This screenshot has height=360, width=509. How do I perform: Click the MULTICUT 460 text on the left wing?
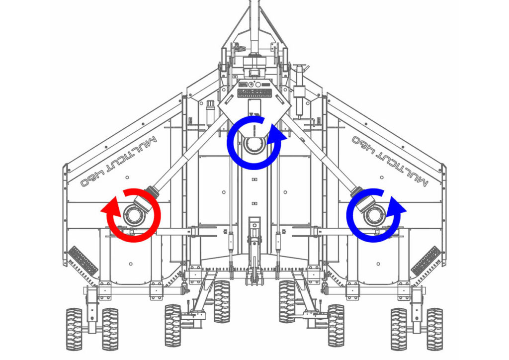(119, 161)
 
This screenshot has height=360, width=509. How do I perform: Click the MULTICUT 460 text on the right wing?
(390, 161)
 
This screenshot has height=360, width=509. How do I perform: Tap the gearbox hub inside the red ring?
(134, 215)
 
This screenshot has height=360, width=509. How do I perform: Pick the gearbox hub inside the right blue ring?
(374, 215)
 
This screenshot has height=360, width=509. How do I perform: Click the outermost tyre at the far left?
(74, 329)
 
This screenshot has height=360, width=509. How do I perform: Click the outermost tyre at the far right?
(435, 329)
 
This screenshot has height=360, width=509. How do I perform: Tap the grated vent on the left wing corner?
(83, 261)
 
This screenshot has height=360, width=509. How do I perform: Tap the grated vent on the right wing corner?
(426, 261)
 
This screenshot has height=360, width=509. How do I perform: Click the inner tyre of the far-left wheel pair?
(110, 329)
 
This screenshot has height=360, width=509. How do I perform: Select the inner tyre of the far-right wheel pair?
(399, 329)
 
